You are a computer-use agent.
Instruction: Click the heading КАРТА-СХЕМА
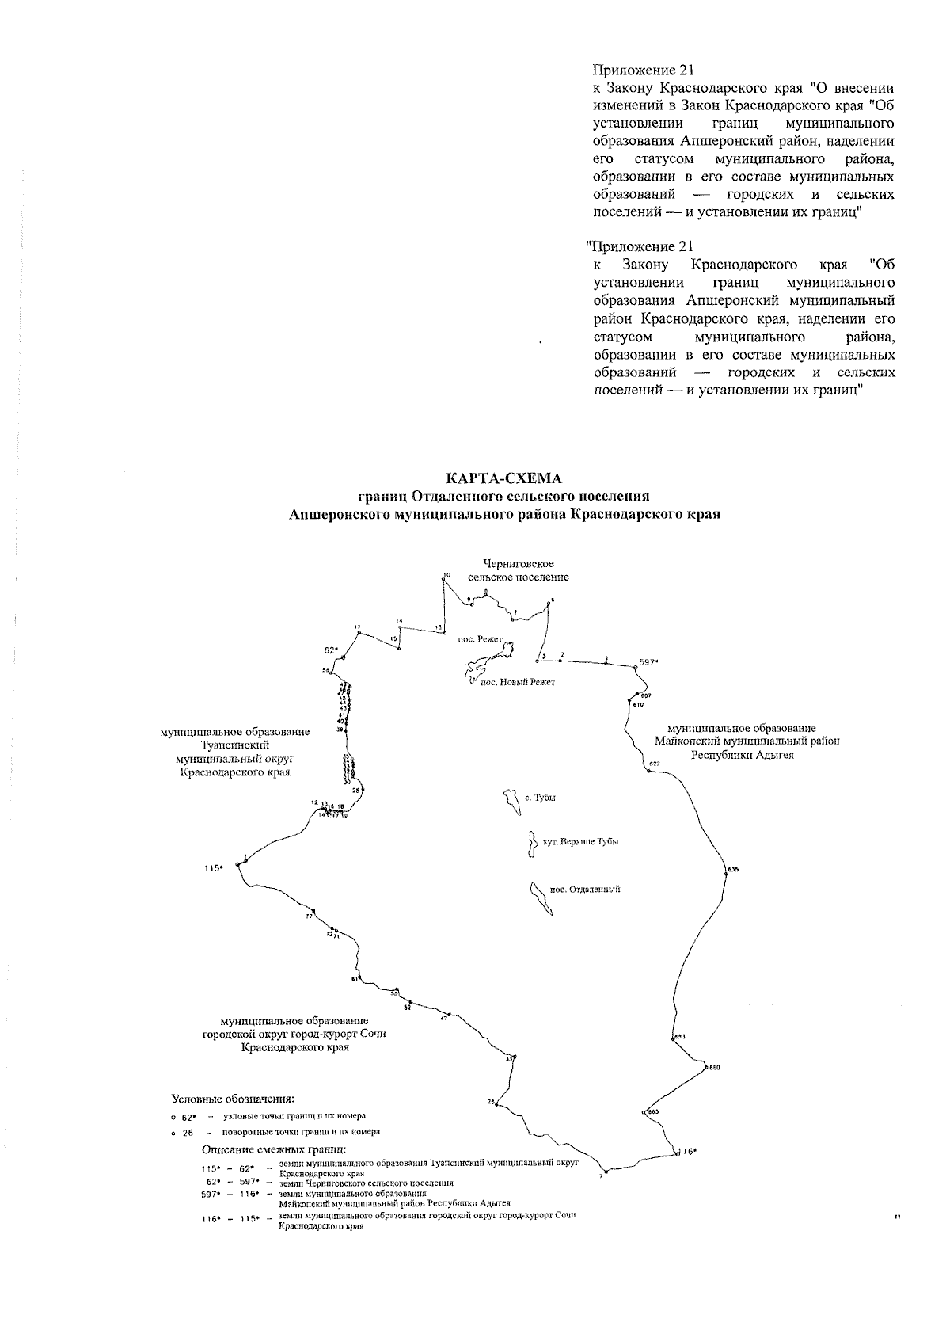[x=503, y=478]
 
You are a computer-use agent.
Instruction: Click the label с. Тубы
[x=540, y=798]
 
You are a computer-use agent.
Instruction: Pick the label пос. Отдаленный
[x=584, y=889]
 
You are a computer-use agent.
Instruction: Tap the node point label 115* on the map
[x=213, y=868]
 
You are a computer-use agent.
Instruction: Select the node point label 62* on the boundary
[x=332, y=650]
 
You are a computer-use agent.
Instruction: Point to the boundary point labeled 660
[x=705, y=1068]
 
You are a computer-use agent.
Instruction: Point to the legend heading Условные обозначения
[x=233, y=1099]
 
